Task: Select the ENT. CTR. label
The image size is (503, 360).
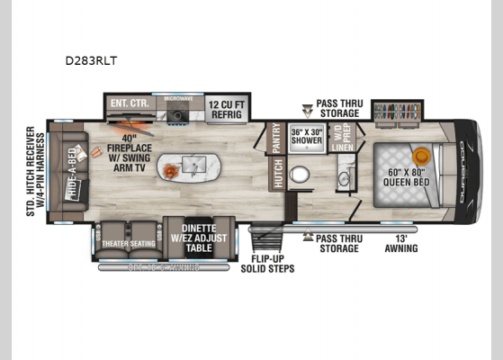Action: tap(129, 104)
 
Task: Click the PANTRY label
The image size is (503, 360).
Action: tap(276, 139)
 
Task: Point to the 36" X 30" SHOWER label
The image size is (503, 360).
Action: tap(309, 137)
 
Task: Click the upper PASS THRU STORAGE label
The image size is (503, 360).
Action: tap(337, 108)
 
